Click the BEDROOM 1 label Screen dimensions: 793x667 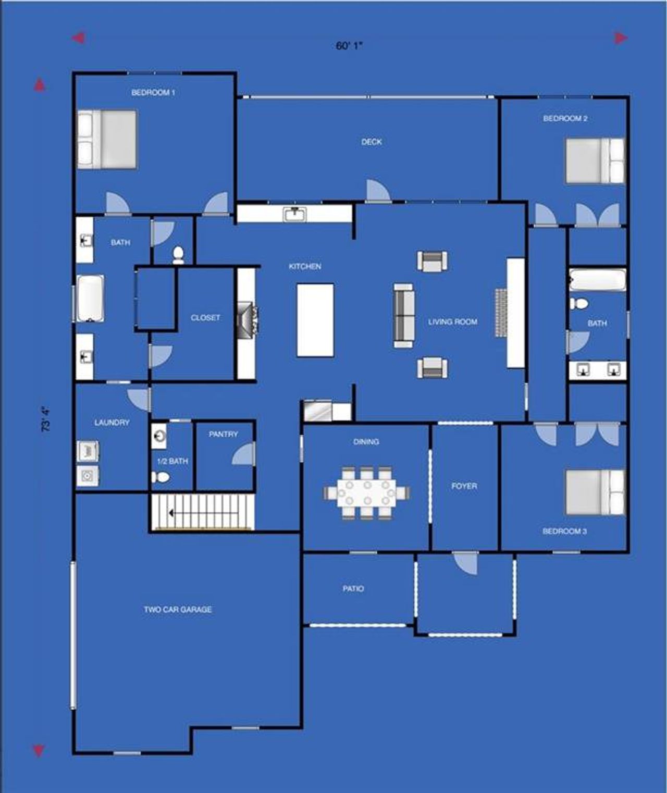point(153,93)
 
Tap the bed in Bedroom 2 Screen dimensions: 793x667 point(595,160)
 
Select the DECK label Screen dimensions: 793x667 point(372,142)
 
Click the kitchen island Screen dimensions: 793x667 point(315,320)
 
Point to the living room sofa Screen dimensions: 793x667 point(404,316)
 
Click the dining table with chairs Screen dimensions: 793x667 point(367,492)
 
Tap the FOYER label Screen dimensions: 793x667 point(464,486)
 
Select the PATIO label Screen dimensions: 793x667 point(353,589)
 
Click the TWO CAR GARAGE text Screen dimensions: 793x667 point(178,609)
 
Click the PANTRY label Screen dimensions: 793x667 point(223,434)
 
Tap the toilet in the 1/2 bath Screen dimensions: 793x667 point(162,477)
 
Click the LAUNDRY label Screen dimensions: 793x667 point(112,423)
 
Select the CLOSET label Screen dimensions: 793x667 point(205,317)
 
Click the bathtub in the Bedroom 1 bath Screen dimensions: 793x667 point(91,299)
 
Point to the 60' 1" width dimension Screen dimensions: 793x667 point(349,46)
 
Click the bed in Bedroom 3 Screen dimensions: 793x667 point(595,492)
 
